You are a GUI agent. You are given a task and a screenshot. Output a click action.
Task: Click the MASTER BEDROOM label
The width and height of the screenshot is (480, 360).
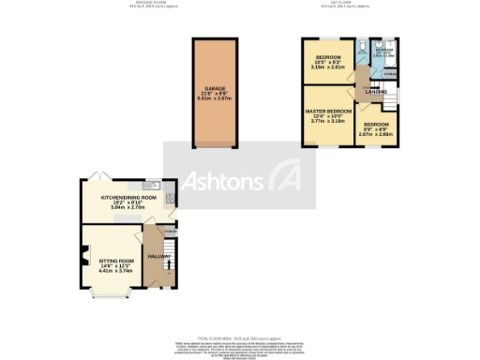coord(328,110)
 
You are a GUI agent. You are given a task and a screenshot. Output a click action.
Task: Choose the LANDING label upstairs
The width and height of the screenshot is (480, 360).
coord(377,92)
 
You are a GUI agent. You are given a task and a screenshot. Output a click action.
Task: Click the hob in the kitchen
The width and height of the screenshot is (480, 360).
coord(169,200)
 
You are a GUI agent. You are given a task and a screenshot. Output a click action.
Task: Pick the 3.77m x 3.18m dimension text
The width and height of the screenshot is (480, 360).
coord(328,121)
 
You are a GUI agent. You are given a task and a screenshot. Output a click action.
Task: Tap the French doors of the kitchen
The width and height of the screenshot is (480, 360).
coord(99,176)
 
